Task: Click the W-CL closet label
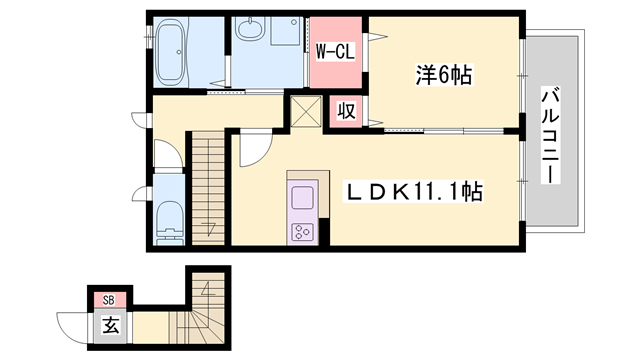336,52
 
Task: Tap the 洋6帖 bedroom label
444,75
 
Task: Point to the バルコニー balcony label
550,135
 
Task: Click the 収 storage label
346,111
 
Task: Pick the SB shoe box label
108,301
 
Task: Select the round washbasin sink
250,29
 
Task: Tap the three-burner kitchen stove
302,232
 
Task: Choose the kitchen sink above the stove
302,198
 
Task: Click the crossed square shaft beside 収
306,111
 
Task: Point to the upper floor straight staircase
208,188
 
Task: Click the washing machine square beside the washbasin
286,31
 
